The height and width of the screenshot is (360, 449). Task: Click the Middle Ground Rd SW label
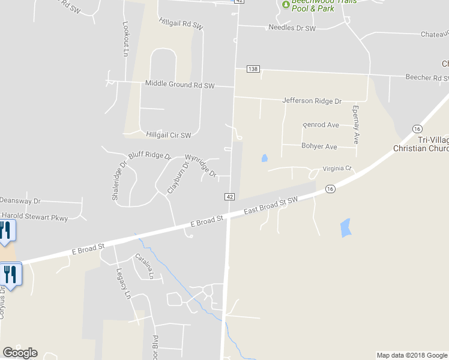179,85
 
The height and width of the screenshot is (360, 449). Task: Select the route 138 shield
253,70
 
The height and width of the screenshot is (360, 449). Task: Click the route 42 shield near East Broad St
229,196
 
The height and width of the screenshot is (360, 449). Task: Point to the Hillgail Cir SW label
168,135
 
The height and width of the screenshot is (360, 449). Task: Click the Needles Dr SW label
292,28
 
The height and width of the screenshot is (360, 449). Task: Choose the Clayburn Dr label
178,175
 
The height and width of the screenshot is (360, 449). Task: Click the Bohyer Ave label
319,146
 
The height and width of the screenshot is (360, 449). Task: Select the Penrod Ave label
321,125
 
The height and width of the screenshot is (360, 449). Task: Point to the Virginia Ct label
336,169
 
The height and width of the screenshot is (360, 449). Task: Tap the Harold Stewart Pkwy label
34,217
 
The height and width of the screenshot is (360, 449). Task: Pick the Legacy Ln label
122,283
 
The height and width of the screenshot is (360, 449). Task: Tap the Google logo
20,353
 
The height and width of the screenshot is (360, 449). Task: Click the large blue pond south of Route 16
345,227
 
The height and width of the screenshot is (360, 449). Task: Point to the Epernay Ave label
355,124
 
